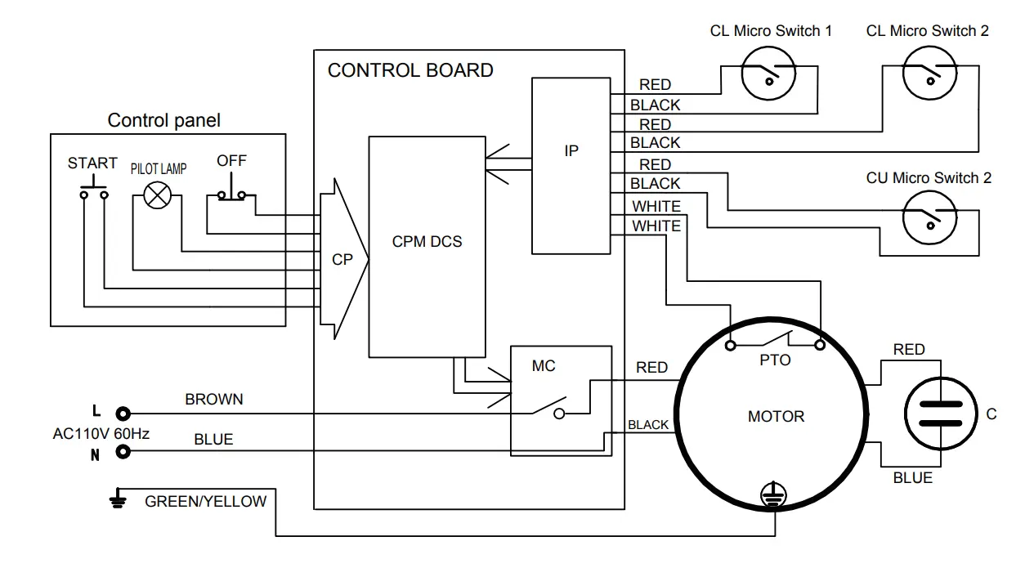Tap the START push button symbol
[93, 192]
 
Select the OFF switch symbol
[236, 195]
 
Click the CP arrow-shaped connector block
[342, 259]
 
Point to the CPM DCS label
[427, 242]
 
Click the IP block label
[571, 151]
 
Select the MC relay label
[544, 366]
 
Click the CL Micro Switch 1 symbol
[768, 74]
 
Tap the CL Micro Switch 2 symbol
[929, 74]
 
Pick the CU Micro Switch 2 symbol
[929, 217]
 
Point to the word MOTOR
[776, 417]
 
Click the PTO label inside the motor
[775, 360]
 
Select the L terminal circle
[123, 414]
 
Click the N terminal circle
[123, 452]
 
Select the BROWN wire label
[214, 400]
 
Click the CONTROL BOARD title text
[410, 70]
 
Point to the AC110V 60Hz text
[101, 434]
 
